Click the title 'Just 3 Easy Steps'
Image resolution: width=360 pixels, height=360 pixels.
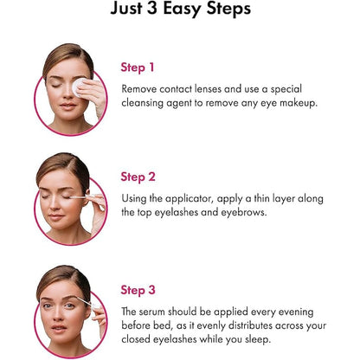181,11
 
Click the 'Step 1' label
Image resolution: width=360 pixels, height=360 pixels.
138,67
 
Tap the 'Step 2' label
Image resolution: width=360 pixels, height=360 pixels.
138,177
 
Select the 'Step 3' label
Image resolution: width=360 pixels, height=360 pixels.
138,290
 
